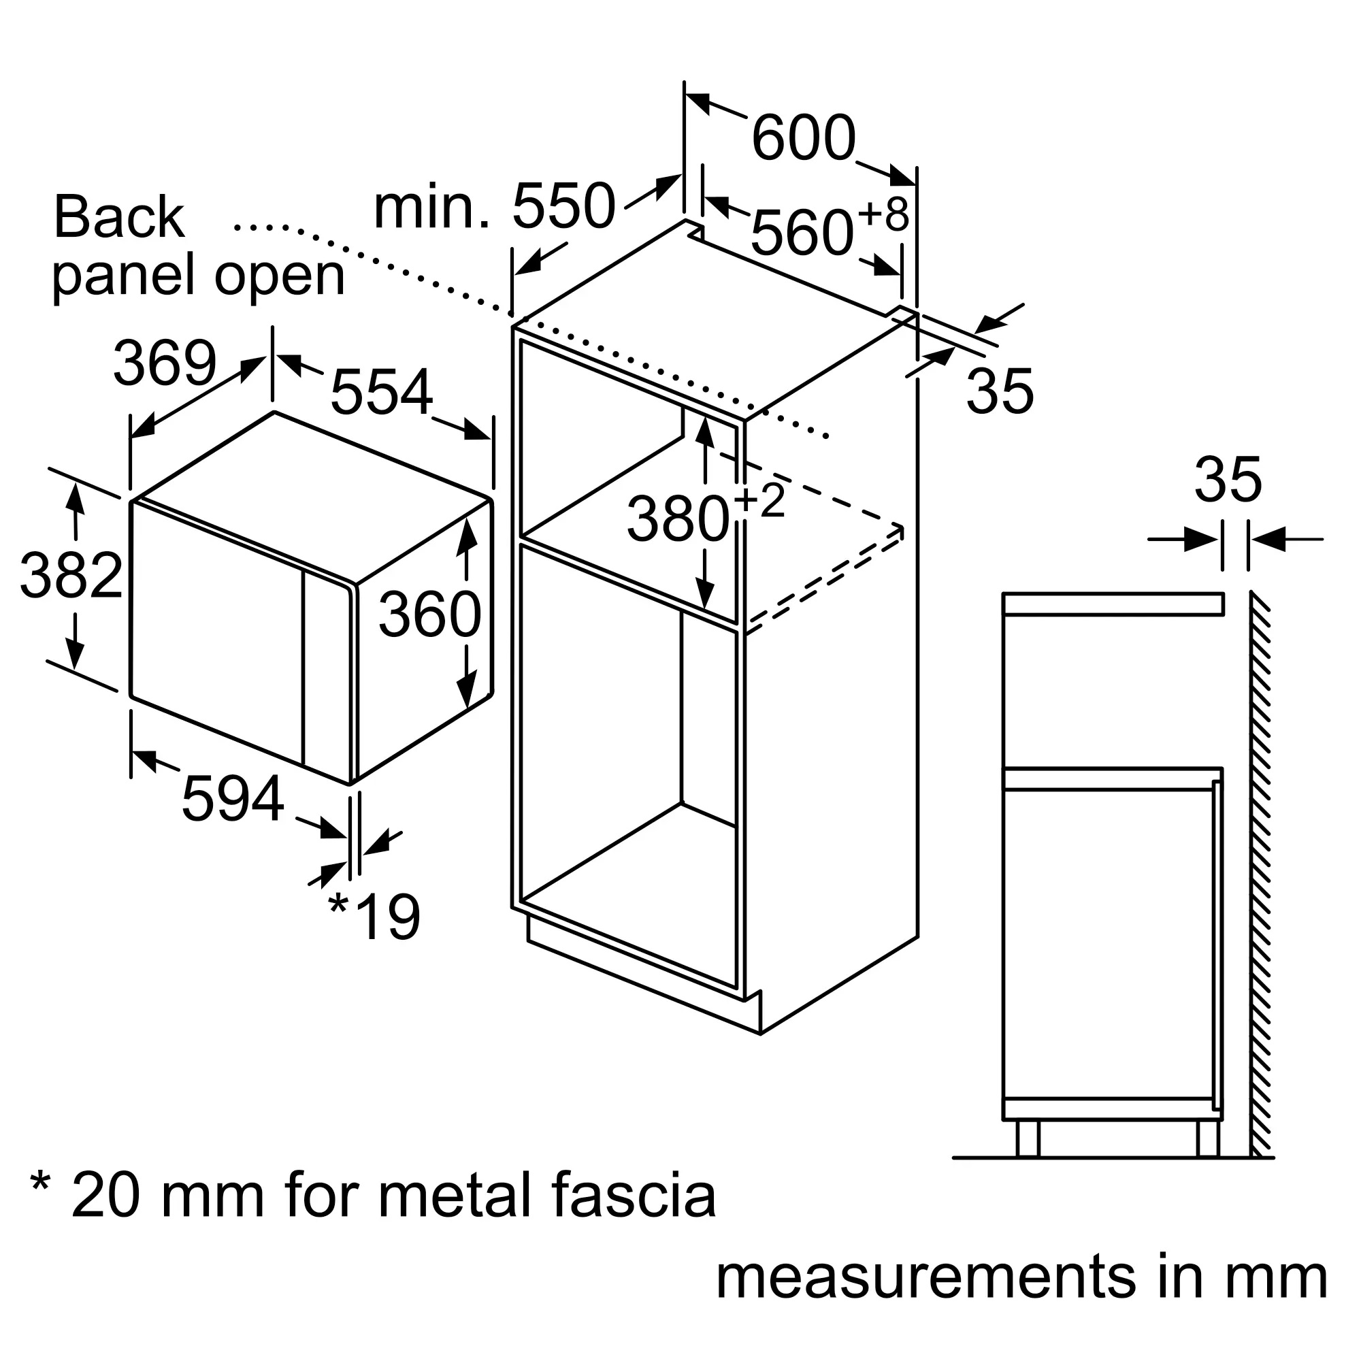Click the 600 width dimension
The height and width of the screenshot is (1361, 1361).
[x=804, y=139]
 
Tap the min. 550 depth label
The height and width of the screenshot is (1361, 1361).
[x=495, y=206]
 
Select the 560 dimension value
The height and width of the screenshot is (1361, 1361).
[x=802, y=233]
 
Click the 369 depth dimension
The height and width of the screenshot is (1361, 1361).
[x=165, y=363]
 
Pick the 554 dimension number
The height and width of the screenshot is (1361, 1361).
[x=381, y=392]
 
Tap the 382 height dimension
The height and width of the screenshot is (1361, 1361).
[x=71, y=576]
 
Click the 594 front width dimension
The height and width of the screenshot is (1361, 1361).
[x=233, y=798]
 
